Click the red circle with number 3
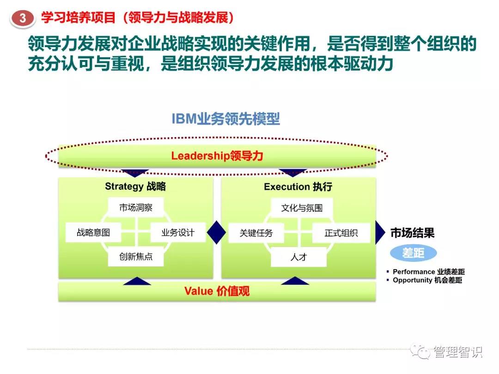pos(23,18)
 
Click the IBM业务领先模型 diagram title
pos(225,119)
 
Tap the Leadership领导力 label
pos(217,156)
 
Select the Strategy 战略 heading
pos(135,187)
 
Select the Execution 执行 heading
pos(298,187)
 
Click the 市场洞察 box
pos(136,208)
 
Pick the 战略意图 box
pos(93,232)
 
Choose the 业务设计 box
pos(178,232)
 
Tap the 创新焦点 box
pos(136,257)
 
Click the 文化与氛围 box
pos(302,208)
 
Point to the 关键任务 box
pos(256,233)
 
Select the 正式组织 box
pos(341,233)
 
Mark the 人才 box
pos(298,257)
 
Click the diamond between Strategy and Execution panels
pos(217,232)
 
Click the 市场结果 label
pos(413,233)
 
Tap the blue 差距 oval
pos(414,253)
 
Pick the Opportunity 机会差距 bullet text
pos(427,280)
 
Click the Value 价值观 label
pos(217,291)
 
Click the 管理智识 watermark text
pos(458,352)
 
